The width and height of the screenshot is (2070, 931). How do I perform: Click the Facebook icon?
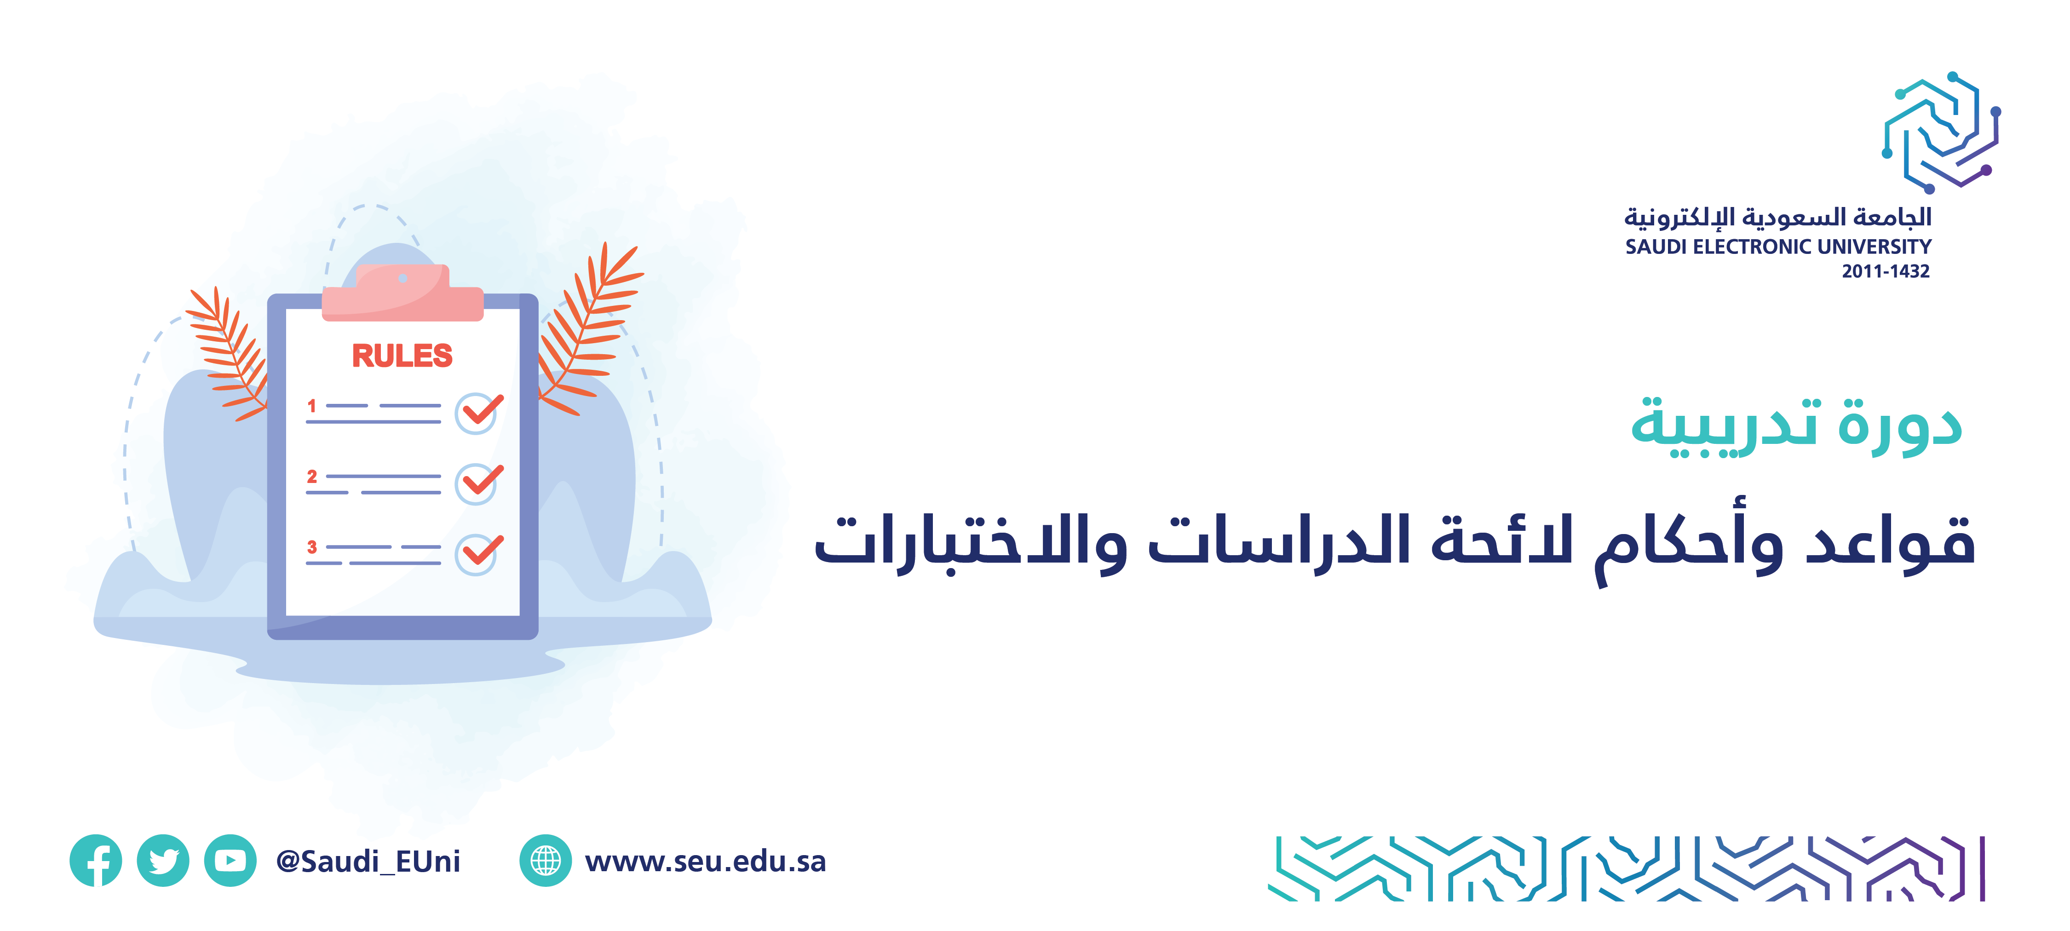click(96, 860)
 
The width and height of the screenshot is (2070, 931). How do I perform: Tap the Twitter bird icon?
click(163, 860)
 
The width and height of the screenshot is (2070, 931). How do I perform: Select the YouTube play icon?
click(230, 860)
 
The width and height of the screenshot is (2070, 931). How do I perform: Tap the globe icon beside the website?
click(546, 860)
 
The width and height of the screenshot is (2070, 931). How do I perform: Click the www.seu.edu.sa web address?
click(706, 861)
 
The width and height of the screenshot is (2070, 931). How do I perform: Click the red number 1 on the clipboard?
click(312, 406)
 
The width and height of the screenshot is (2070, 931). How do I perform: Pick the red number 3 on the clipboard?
click(312, 547)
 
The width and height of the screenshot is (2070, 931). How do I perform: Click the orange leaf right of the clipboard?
click(588, 329)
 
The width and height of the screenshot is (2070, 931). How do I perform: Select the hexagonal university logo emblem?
click(1941, 132)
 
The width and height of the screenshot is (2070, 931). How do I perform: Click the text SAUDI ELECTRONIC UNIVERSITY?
click(1777, 247)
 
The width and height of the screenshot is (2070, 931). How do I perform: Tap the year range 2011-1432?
click(1885, 271)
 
